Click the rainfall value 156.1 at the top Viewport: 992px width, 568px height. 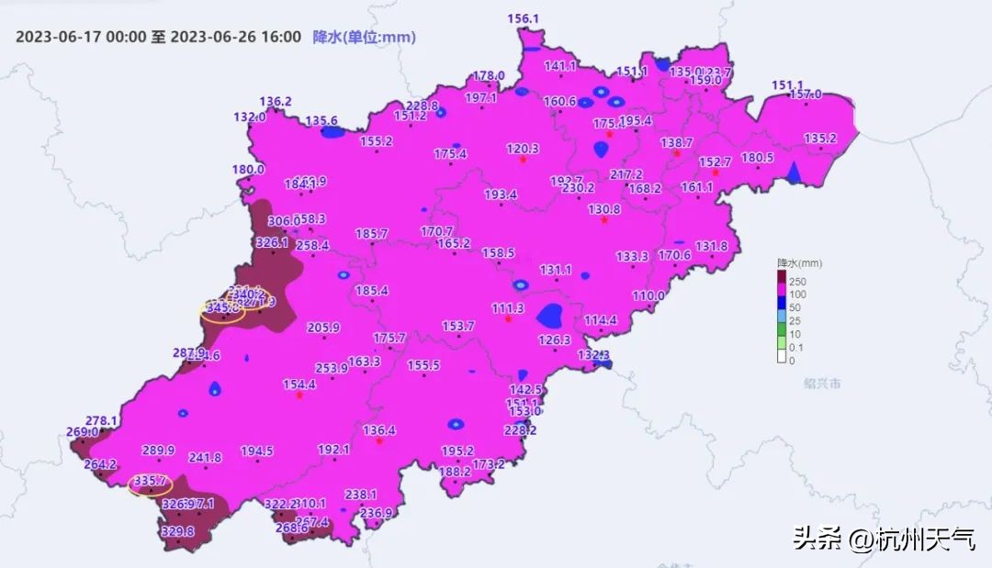pyautogui.click(x=523, y=18)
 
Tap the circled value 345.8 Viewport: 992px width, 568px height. pyautogui.click(x=222, y=309)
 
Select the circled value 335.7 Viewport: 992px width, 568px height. pyautogui.click(x=150, y=481)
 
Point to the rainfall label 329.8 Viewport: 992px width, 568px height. pyautogui.click(x=177, y=531)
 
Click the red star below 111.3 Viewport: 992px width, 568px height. pyautogui.click(x=508, y=319)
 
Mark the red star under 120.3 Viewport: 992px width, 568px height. pyautogui.click(x=523, y=160)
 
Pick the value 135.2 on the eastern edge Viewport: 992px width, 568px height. pyautogui.click(x=820, y=139)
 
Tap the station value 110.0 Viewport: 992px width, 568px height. pyautogui.click(x=648, y=295)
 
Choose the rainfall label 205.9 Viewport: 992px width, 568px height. pyautogui.click(x=323, y=328)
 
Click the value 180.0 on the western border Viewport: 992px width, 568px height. pyautogui.click(x=248, y=170)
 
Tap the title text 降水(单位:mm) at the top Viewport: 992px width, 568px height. pyautogui.click(x=365, y=37)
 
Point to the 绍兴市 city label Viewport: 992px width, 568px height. pyautogui.click(x=821, y=384)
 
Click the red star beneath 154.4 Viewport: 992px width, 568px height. pyautogui.click(x=299, y=395)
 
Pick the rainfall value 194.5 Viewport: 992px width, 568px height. pyautogui.click(x=257, y=451)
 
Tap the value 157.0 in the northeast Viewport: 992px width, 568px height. pyautogui.click(x=806, y=95)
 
